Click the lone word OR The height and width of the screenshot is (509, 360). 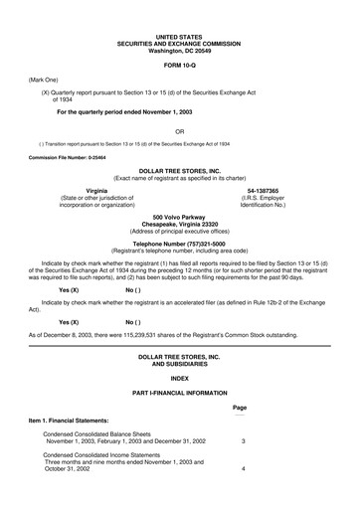click(179, 131)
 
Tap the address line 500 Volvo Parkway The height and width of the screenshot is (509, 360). click(179, 217)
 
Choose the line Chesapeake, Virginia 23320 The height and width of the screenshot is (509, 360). click(179, 224)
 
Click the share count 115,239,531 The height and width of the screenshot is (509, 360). click(145, 307)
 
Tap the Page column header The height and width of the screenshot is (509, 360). click(239, 408)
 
